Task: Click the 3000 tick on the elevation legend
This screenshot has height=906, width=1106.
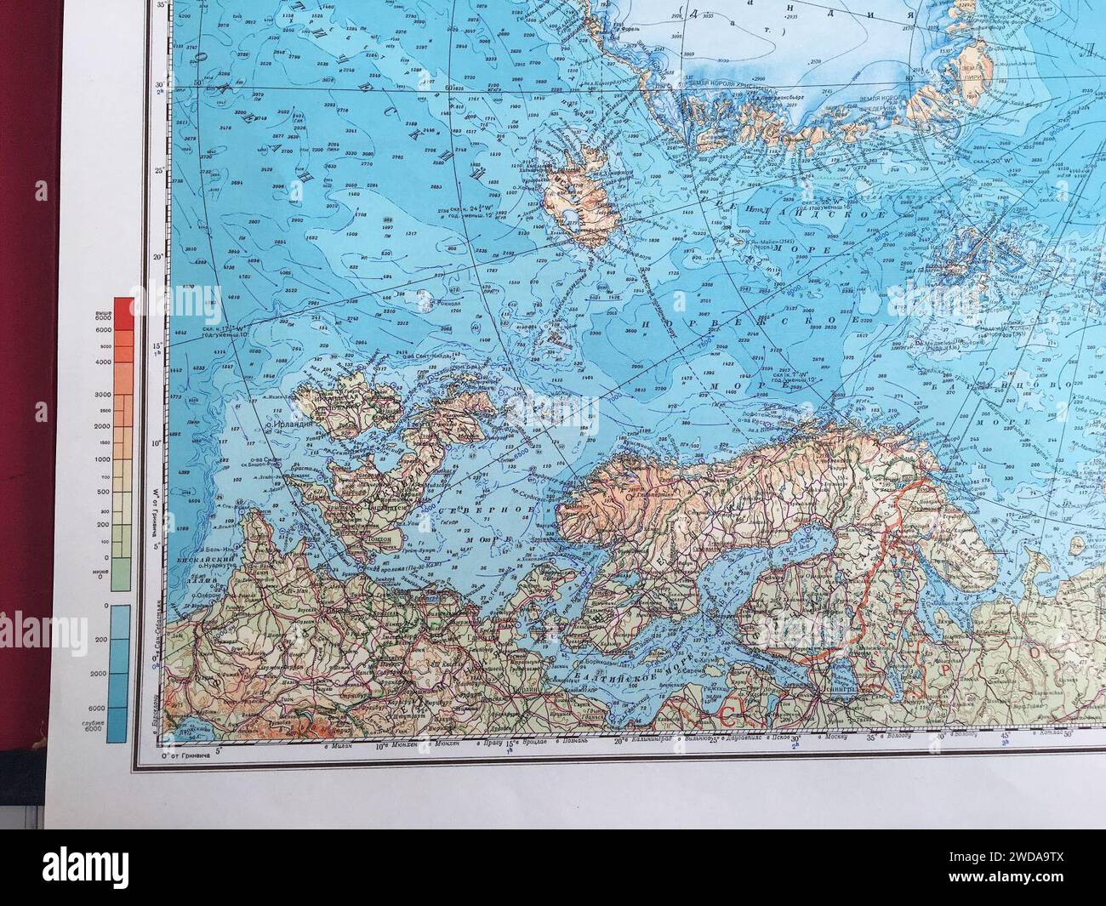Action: (x=103, y=395)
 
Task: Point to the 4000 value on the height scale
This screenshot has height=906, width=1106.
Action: (x=103, y=362)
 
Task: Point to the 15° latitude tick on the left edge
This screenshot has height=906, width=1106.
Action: (x=157, y=347)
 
